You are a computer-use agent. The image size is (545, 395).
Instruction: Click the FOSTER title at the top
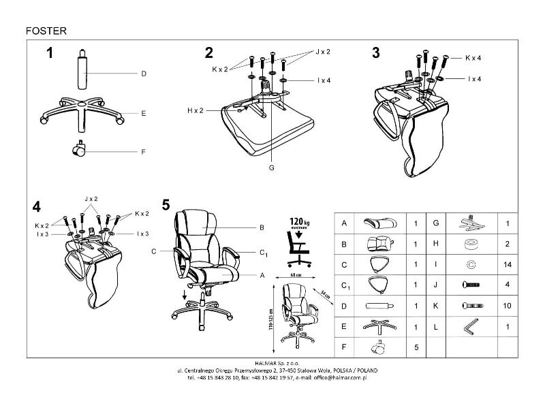[x=46, y=30]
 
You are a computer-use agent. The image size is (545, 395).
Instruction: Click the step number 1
[x=49, y=54]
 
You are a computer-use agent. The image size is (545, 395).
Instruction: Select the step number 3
[x=375, y=53]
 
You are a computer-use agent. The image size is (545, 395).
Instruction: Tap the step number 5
[x=166, y=204]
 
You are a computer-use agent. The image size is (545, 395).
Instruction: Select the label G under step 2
[x=271, y=167]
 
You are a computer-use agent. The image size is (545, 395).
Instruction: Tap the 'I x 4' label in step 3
[x=474, y=79]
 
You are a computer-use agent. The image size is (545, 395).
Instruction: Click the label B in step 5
[x=261, y=227]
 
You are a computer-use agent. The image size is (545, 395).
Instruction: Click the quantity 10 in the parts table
[x=506, y=306]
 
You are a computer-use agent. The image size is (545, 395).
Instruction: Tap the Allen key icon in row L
[x=469, y=327]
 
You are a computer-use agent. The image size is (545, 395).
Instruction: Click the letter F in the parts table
[x=344, y=347]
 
